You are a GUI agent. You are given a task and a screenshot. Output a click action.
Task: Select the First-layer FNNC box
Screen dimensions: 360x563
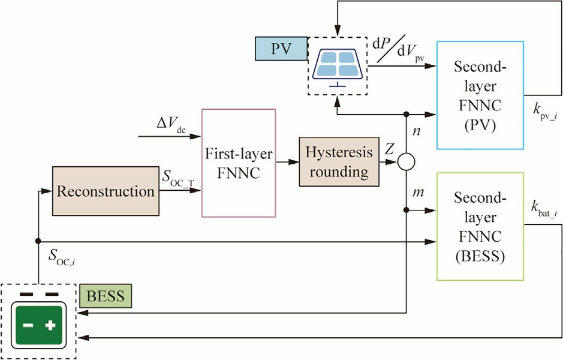click(x=238, y=163)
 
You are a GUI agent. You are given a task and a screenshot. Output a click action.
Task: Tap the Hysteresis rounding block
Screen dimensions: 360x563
click(x=328, y=163)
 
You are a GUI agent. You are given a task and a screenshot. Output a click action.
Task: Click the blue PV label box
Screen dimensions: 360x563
click(x=281, y=49)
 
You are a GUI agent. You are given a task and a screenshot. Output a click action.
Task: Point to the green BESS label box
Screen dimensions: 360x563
click(x=106, y=296)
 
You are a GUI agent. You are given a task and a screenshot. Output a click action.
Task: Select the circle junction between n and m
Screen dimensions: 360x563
click(x=407, y=163)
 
